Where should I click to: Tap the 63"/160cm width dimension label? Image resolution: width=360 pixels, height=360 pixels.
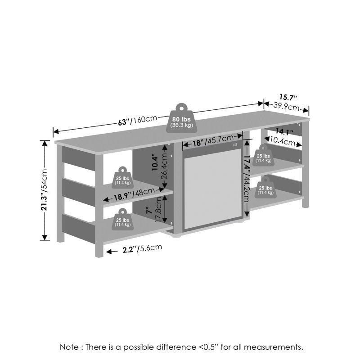(138, 120)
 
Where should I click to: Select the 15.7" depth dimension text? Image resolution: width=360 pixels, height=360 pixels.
(288, 97)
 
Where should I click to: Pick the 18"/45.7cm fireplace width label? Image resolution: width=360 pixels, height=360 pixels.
(213, 140)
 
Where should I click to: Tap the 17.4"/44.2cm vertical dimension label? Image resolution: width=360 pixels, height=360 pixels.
(246, 178)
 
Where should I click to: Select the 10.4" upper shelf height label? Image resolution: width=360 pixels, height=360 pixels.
(155, 163)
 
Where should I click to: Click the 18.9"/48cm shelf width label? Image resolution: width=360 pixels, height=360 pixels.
(134, 194)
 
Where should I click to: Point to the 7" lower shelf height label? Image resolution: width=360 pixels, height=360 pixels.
(149, 210)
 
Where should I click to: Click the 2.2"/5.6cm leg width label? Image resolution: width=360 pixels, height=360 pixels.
(142, 249)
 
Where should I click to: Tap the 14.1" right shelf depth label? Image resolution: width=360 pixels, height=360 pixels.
(284, 131)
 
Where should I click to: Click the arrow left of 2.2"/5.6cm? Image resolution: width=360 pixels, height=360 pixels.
(112, 252)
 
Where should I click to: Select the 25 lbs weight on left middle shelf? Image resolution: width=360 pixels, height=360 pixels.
(122, 177)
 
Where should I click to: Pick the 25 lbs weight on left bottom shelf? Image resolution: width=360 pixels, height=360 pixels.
(122, 219)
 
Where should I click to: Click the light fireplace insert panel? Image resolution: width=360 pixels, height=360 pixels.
(212, 189)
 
